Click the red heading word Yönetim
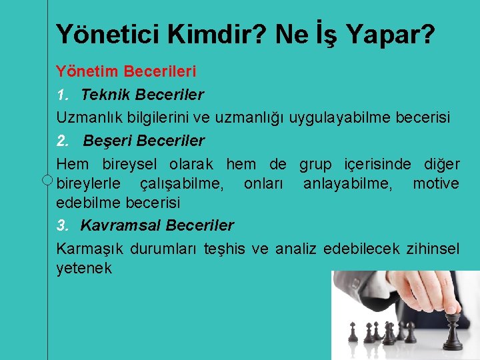84,70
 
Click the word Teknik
107,95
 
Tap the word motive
436,183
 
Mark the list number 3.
61,225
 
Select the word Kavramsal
120,225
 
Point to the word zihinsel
433,249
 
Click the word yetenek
84,268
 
